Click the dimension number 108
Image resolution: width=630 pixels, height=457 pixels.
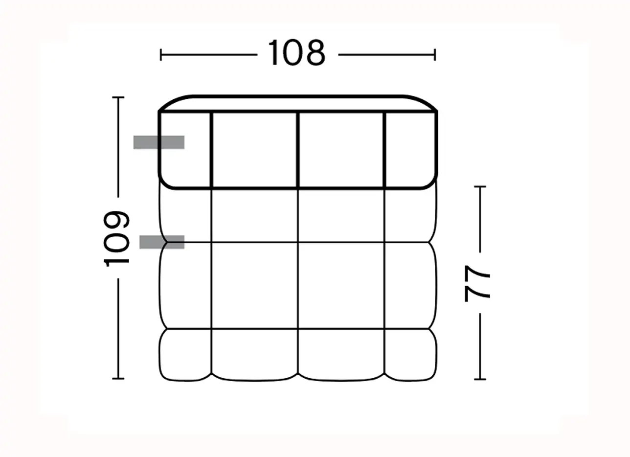(x=297, y=53)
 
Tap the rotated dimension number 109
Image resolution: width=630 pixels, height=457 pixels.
(x=116, y=239)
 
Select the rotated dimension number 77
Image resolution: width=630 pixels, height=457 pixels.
(x=477, y=283)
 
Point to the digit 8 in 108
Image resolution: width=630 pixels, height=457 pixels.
(x=315, y=53)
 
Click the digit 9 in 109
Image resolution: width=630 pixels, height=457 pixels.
(x=116, y=221)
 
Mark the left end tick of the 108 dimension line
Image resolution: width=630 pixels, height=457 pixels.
(x=160, y=55)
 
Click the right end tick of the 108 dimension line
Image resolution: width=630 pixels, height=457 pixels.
(x=435, y=55)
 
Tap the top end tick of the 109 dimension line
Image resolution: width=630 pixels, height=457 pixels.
(x=118, y=97)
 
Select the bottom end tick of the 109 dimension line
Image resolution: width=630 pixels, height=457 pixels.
(x=118, y=379)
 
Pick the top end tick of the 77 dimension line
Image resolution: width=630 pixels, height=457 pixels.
(x=480, y=186)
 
